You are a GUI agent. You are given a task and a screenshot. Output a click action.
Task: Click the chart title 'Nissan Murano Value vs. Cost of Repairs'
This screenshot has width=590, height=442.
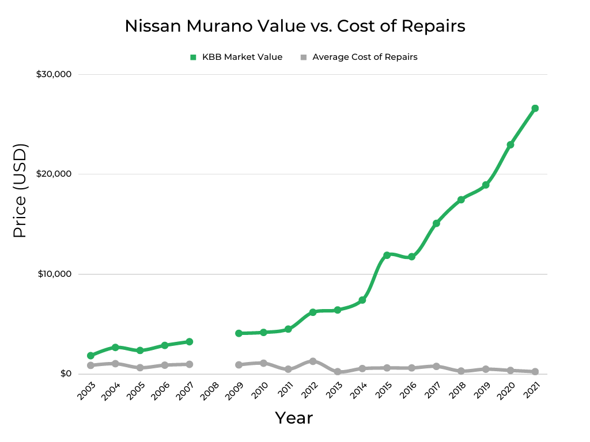[x=295, y=26]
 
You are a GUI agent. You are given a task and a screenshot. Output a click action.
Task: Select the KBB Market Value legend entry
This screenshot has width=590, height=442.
[x=236, y=57]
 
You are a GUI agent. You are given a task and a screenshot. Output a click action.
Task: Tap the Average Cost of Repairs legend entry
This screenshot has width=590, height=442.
[x=359, y=57]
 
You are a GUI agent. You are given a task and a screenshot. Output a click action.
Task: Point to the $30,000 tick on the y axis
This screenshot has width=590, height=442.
[x=54, y=74]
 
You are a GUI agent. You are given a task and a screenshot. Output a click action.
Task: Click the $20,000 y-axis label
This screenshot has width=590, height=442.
[x=54, y=174]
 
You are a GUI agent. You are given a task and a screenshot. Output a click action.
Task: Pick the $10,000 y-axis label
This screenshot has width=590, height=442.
[x=54, y=274]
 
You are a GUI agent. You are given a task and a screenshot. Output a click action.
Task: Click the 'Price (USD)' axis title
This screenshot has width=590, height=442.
[x=20, y=190]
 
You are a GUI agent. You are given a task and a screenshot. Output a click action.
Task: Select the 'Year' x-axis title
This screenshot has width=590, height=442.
[x=294, y=418]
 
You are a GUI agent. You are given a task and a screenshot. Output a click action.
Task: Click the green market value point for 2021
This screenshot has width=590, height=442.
[x=535, y=108]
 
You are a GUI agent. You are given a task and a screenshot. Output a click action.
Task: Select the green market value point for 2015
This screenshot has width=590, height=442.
[x=387, y=255]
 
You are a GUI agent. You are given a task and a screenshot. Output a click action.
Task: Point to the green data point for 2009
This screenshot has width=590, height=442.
[x=239, y=333]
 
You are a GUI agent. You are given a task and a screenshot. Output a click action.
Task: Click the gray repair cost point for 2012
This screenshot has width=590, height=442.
[x=313, y=361]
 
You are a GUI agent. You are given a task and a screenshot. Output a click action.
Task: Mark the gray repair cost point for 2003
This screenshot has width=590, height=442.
[x=91, y=365]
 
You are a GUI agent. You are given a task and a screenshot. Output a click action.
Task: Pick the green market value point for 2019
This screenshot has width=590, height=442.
[x=486, y=185]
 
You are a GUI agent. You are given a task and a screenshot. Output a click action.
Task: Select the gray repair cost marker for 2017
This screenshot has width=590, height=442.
[x=436, y=366]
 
